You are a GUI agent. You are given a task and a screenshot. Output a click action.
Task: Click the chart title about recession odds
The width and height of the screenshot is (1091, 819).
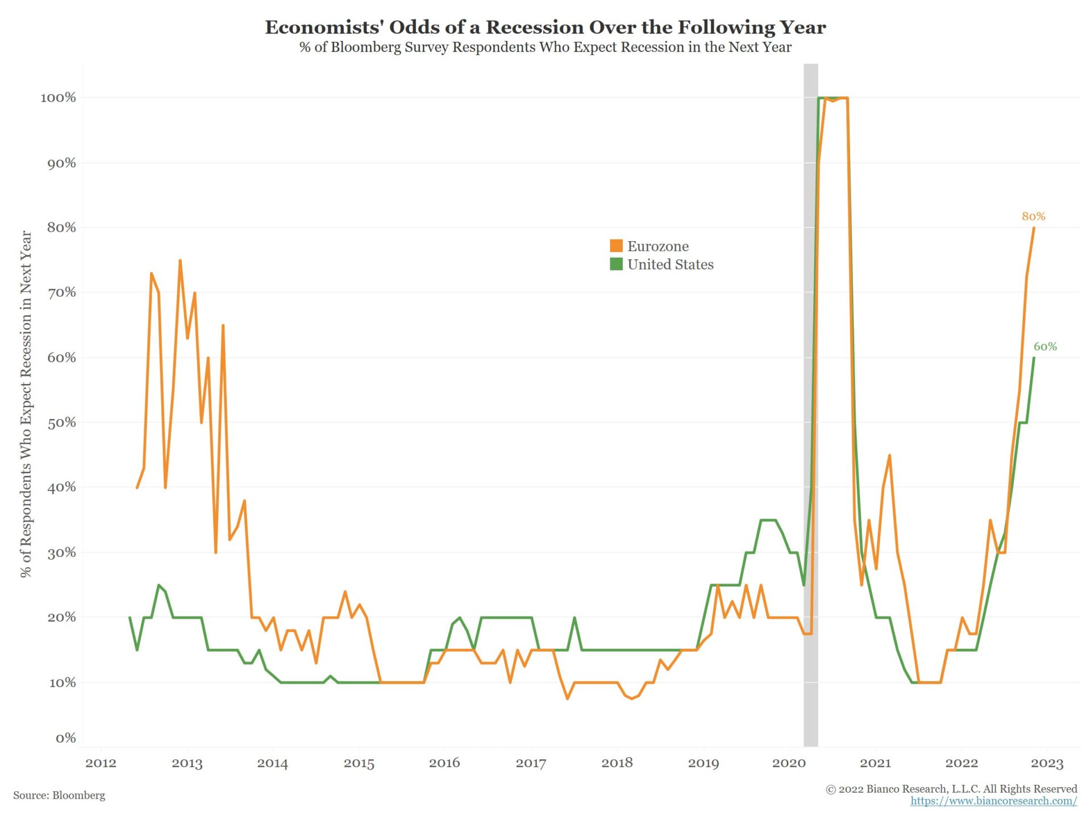(545, 27)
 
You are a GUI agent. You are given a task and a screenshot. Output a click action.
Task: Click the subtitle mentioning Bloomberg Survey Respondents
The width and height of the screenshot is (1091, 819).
(545, 47)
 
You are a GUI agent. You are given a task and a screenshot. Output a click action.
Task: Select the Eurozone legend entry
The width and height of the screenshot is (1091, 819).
(657, 246)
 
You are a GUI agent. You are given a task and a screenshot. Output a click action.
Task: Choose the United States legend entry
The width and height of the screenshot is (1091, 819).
(670, 264)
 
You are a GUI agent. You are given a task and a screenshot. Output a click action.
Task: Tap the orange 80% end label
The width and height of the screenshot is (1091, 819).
(1033, 216)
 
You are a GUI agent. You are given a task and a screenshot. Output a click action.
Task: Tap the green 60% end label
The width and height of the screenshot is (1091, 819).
(1045, 346)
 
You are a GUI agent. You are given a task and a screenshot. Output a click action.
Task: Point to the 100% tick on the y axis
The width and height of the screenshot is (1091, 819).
(58, 98)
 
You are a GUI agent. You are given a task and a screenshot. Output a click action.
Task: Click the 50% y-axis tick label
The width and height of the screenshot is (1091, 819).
(61, 423)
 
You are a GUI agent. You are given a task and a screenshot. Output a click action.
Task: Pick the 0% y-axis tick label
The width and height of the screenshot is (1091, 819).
(65, 738)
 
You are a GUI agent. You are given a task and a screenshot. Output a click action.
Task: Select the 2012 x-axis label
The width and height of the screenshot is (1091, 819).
(101, 763)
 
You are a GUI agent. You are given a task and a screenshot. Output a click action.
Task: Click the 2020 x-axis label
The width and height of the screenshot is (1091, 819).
(789, 763)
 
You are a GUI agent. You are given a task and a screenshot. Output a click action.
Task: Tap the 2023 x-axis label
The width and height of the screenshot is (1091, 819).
(1047, 763)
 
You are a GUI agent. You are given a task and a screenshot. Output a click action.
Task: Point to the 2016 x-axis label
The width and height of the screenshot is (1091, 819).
(444, 763)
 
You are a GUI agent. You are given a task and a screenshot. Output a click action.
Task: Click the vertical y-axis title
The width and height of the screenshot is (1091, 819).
(26, 404)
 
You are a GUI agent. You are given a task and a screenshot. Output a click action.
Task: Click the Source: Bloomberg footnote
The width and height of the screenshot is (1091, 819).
(59, 795)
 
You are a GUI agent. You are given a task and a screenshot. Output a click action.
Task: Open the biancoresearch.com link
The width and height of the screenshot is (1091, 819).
(993, 801)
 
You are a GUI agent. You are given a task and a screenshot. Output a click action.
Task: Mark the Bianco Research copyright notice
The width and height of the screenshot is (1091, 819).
(951, 789)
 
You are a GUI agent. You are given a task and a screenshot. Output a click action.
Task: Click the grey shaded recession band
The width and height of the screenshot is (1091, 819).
(810, 398)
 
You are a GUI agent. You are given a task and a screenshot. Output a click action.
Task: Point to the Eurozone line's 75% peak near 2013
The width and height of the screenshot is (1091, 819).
(180, 261)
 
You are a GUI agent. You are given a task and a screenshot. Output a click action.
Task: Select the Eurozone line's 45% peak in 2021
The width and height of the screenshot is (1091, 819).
(889, 456)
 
